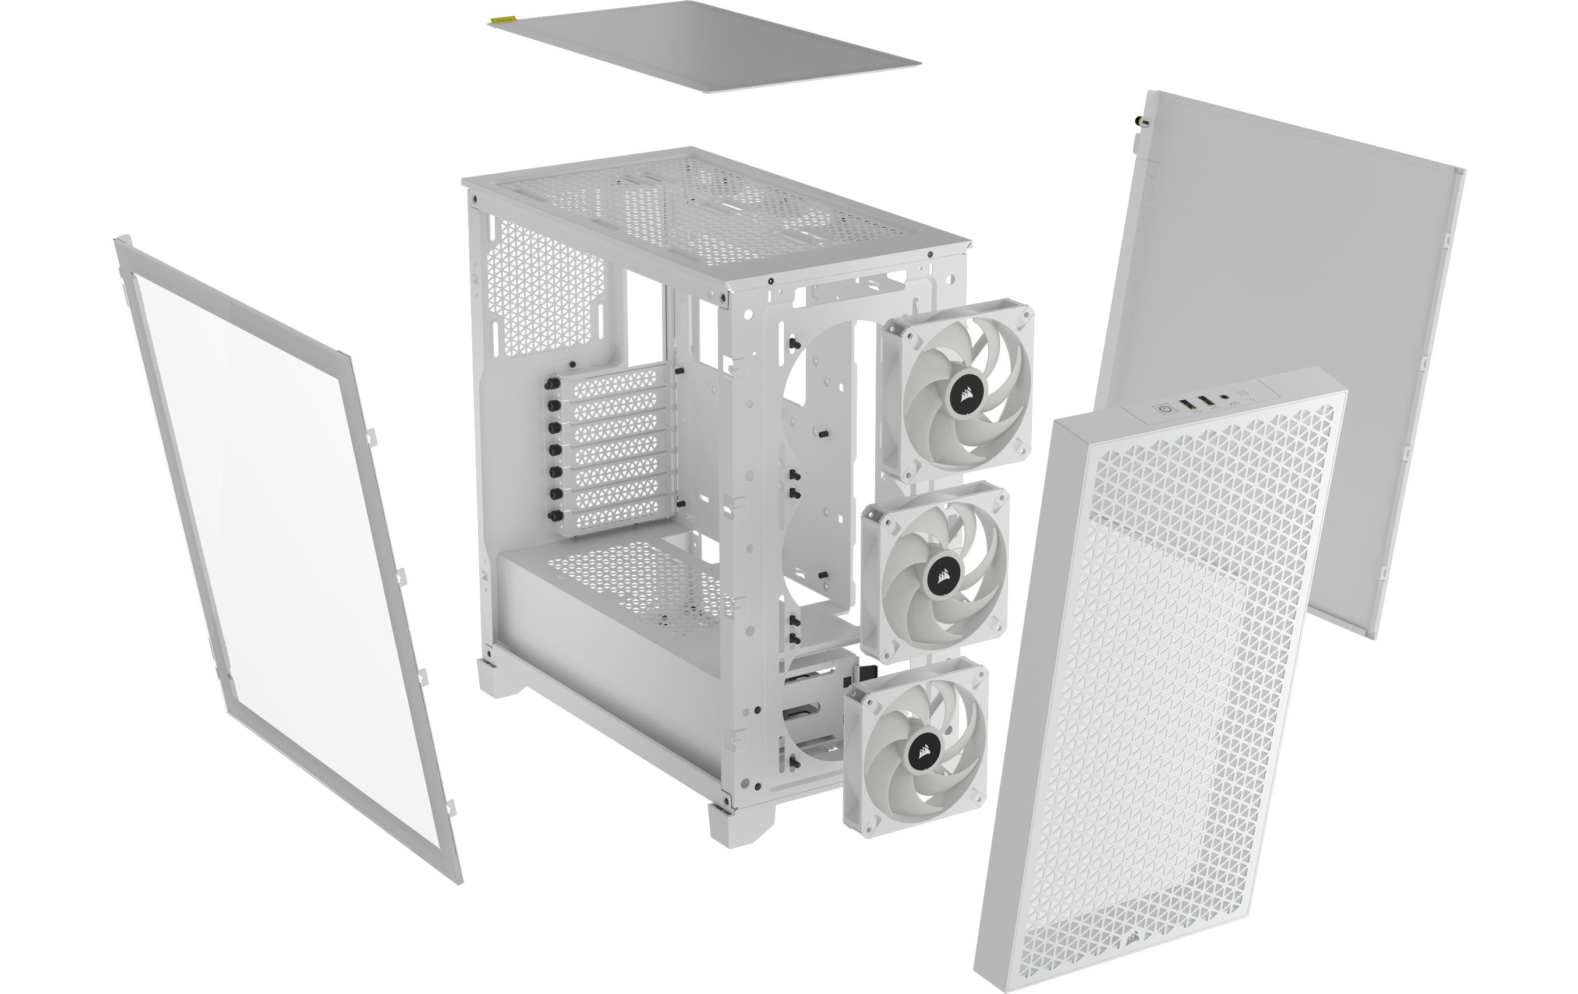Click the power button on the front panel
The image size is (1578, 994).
pos(1165,409)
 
